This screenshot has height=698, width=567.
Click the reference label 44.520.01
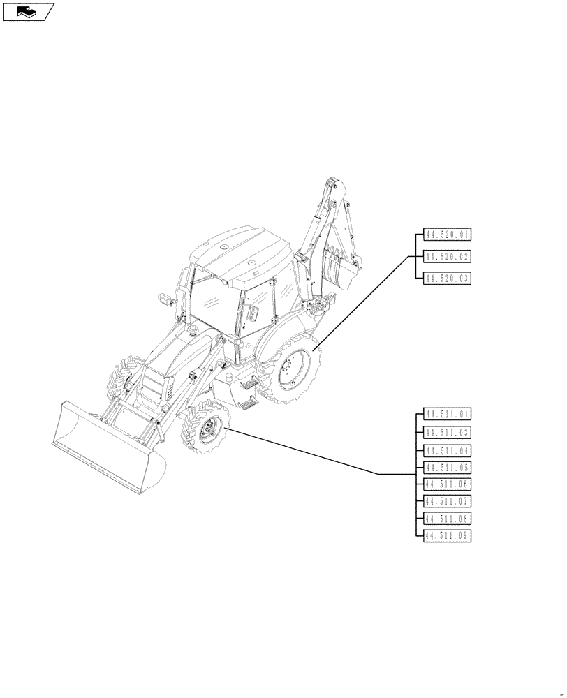[448, 235]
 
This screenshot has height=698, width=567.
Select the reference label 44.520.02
[448, 257]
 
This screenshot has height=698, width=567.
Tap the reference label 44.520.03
[448, 279]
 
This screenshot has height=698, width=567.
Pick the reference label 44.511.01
[448, 414]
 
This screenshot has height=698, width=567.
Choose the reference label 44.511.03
[448, 432]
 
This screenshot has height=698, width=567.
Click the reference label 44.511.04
[448, 450]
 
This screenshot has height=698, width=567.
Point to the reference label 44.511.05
[448, 468]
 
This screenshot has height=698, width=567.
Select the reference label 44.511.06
[448, 484]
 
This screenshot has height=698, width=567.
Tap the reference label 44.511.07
[448, 501]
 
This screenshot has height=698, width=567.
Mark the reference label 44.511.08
[448, 519]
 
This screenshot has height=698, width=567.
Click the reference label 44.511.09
[448, 535]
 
